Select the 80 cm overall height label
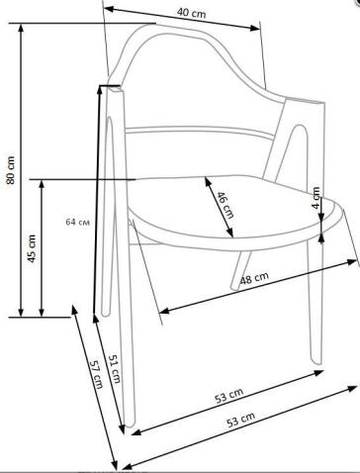[x=11, y=171]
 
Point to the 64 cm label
[x=77, y=221]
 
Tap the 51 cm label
[x=113, y=371]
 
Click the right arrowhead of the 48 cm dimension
[x=354, y=261]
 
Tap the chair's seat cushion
[x=227, y=213]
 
